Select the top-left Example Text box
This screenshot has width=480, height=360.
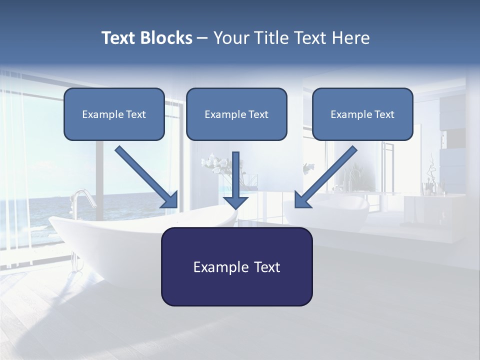[114, 114]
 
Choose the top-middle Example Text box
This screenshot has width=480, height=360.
[236, 114]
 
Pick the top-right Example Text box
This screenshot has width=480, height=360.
[362, 114]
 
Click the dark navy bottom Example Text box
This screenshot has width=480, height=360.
[236, 266]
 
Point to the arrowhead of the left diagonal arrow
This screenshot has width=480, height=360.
[170, 199]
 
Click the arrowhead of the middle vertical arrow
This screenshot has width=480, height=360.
[235, 202]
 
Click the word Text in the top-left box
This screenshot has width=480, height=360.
[135, 114]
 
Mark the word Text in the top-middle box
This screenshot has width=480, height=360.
[258, 114]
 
